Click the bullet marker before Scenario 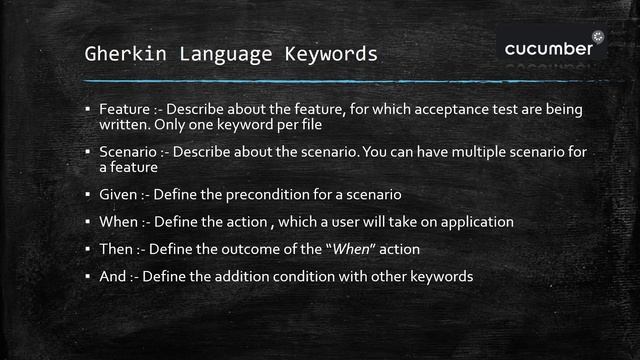(x=88, y=152)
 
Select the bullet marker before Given (x=88, y=193)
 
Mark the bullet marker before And (x=88, y=275)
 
